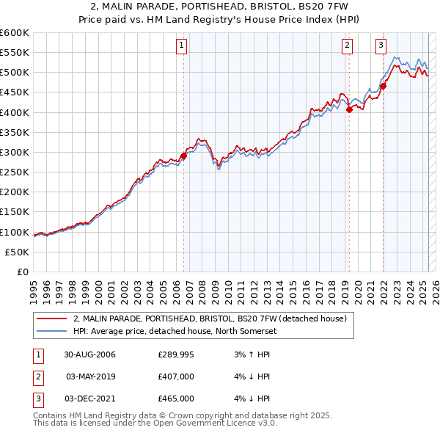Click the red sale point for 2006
184,156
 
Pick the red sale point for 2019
349,109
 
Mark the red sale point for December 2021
383,86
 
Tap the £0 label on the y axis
23,272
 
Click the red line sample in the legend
52,319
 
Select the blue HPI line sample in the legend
52,331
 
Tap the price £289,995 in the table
176,355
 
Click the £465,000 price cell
176,399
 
